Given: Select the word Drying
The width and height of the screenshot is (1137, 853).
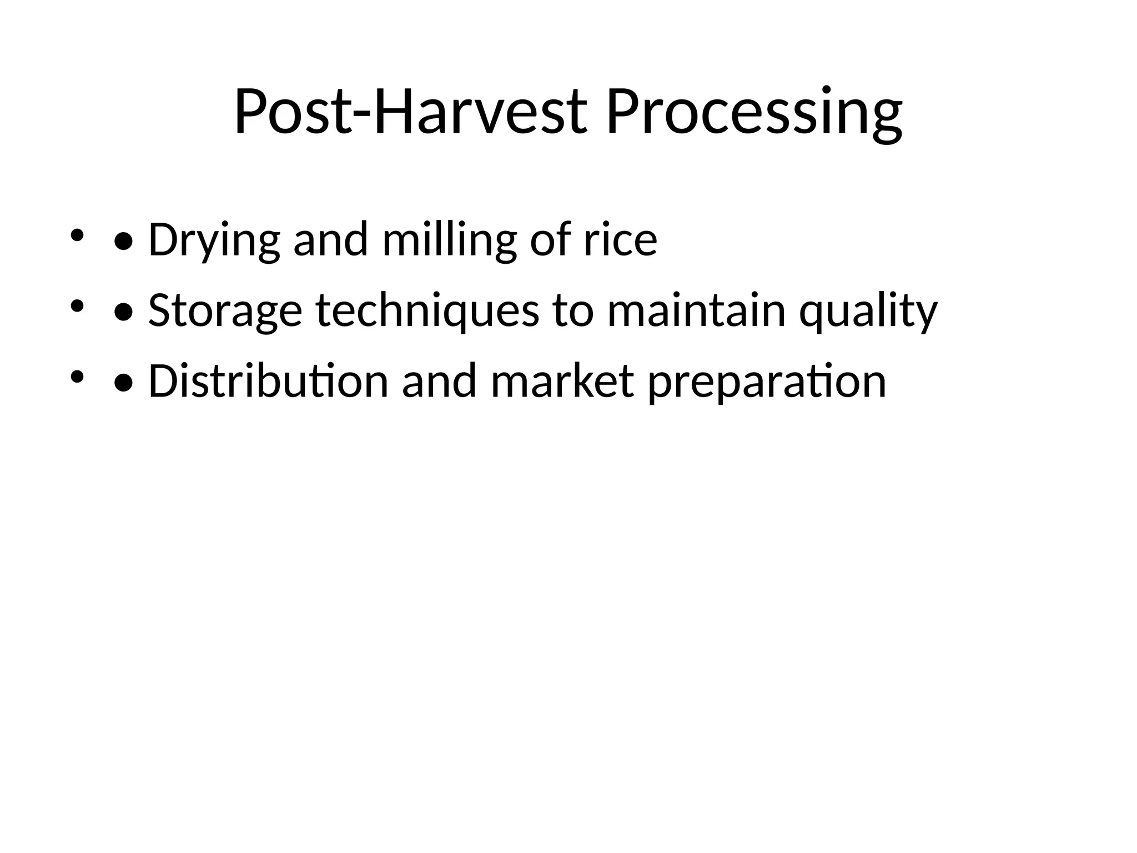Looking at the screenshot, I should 214,240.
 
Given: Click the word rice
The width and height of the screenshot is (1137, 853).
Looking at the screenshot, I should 620,240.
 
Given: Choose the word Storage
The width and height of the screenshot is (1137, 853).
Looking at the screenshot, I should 225,310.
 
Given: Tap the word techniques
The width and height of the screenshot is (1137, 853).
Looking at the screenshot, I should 427,310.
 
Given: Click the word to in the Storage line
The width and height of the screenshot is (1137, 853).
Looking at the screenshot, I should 572,310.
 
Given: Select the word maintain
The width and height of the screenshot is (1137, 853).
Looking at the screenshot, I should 696,310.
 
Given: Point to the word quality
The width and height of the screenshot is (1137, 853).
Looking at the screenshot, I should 868,310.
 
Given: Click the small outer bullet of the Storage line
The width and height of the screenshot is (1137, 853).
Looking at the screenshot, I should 77,306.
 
